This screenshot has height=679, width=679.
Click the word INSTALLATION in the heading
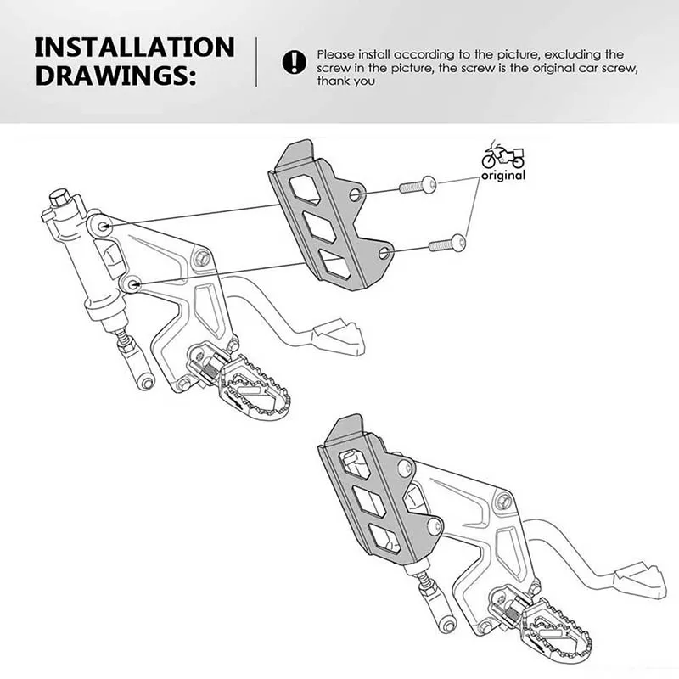pos(135,47)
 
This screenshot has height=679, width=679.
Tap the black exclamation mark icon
pos(294,61)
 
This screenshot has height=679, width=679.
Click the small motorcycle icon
pos(503,157)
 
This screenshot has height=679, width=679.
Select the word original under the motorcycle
pos(503,176)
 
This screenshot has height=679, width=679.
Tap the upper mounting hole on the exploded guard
pos(356,195)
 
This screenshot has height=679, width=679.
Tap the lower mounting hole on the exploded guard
pos(384,253)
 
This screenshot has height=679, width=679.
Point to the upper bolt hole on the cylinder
pos(104,226)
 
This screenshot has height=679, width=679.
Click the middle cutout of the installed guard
pos(370,501)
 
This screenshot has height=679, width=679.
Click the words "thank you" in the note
pos(347,81)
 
